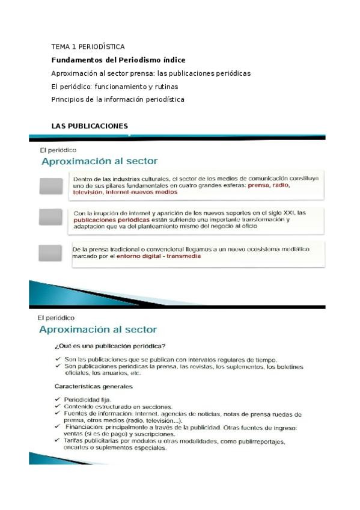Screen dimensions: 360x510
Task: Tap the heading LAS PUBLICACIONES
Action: [90, 126]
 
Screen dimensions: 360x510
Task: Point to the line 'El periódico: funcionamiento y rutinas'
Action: [115, 87]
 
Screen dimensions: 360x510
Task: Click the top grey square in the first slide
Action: [51, 186]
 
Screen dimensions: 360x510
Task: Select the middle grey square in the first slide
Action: [51, 217]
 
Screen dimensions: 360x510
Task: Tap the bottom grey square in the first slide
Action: [51, 253]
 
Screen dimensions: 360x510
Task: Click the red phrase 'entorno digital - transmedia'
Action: [159, 256]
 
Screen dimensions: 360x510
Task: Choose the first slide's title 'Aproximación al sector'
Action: [99, 161]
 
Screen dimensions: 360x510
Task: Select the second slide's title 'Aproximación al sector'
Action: [97, 329]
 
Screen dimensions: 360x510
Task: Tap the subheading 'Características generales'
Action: [94, 386]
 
